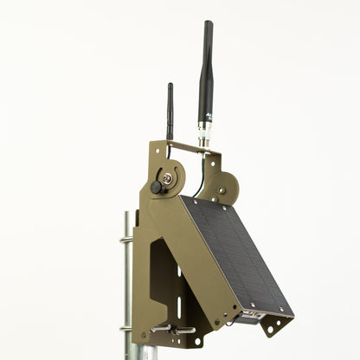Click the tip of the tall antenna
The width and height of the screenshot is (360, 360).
pos(208,24)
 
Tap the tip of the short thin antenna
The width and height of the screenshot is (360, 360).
pos(170,86)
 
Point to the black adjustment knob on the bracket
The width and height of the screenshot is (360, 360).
pos(157,186)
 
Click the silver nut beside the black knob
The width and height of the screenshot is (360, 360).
pos(167,179)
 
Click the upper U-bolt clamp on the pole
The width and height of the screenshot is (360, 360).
pos(126,240)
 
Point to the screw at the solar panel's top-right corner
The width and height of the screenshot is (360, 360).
pos(234,206)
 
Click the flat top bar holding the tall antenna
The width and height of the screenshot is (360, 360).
pos(195,148)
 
